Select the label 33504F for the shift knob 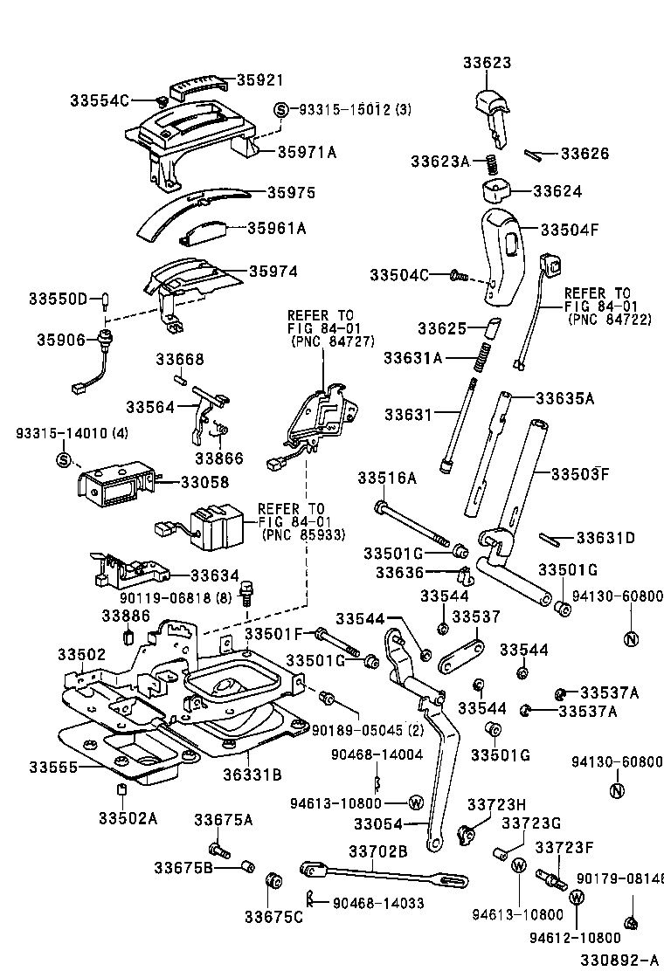(x=569, y=230)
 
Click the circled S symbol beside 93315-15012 (x=281, y=110)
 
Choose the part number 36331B (x=252, y=773)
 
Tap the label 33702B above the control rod (x=378, y=850)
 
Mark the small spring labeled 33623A (x=492, y=163)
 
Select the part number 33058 (x=205, y=482)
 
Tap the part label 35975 (x=291, y=192)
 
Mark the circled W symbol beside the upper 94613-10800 (x=416, y=802)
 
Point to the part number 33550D (x=59, y=300)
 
